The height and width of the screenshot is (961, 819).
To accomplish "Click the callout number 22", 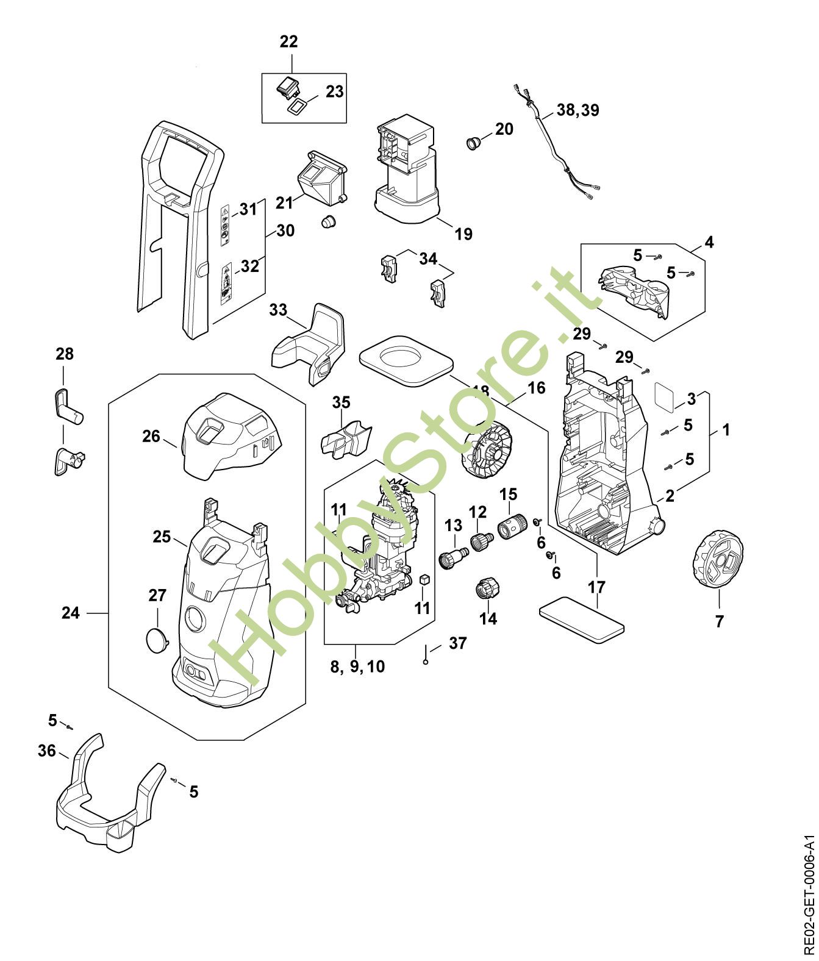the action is [288, 42].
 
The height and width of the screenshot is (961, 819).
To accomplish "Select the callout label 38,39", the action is [578, 110].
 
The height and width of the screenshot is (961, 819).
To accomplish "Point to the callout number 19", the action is [463, 234].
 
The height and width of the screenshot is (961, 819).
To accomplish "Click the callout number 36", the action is [46, 751].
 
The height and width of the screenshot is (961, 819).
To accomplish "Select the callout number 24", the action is [71, 613].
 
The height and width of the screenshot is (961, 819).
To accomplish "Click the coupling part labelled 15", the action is [512, 526].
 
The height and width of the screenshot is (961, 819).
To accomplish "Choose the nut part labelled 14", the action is [487, 588].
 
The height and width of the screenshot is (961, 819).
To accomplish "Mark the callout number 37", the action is [457, 643].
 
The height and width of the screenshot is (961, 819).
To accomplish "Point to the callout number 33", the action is [278, 310].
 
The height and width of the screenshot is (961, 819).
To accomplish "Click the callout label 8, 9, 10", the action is [357, 666].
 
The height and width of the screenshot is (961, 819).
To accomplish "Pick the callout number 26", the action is [151, 436].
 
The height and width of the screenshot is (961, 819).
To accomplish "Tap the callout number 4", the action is [709, 242].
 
